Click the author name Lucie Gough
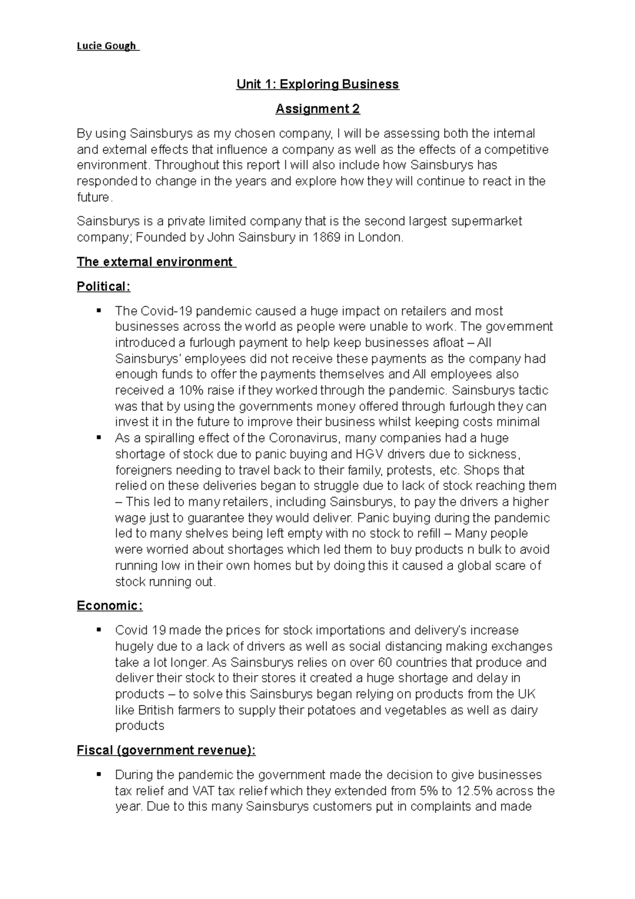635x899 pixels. pos(106,46)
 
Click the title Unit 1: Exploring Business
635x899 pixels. pos(317,84)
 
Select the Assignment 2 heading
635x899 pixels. pos(317,109)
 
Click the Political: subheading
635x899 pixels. pos(103,286)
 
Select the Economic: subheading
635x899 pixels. pos(110,606)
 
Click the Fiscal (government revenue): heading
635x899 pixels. pos(166,750)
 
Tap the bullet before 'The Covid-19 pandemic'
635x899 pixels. pos(98,310)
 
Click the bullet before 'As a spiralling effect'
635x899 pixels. pos(98,437)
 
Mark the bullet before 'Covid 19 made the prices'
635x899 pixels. pos(98,630)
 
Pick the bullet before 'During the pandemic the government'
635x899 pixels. pos(98,774)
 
